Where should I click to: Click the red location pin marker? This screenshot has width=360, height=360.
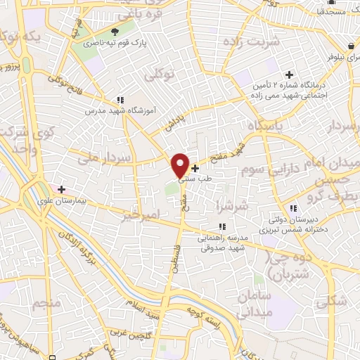pyautogui.click(x=180, y=165)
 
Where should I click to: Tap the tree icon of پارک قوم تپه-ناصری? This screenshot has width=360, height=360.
pyautogui.click(x=115, y=32)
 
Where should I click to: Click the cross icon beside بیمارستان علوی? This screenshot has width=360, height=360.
pyautogui.click(x=61, y=188)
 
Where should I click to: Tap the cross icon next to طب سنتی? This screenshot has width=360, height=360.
pyautogui.click(x=195, y=168)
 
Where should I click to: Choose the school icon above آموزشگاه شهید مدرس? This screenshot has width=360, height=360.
pyautogui.click(x=120, y=100)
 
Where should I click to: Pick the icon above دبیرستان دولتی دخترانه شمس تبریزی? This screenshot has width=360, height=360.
pyautogui.click(x=292, y=208)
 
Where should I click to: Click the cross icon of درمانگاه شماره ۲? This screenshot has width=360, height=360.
pyautogui.click(x=288, y=75)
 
